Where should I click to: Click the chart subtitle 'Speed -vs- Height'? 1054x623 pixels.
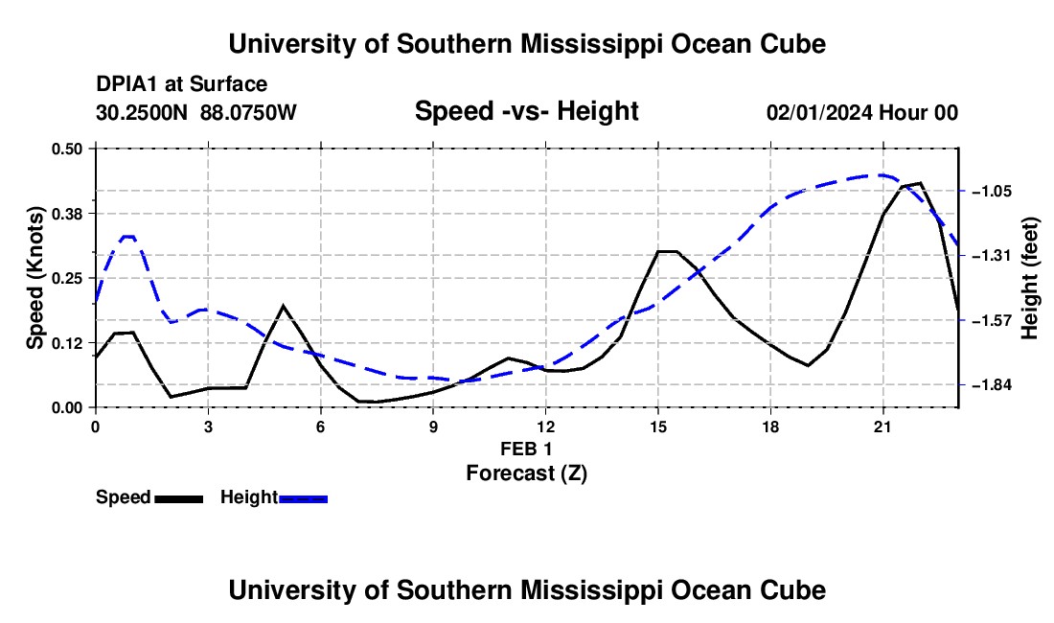pos(526,111)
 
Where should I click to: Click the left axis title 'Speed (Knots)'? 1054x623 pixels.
pos(34,278)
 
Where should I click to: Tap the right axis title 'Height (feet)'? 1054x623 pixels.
pos(1029,278)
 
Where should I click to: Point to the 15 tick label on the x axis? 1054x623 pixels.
pos(658,427)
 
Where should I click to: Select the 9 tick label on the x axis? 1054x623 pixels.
pos(433,427)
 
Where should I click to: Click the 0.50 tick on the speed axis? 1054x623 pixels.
pos(66,149)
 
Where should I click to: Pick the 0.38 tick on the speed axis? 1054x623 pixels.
pos(66,214)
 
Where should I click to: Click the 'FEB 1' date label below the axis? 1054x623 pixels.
pos(526,449)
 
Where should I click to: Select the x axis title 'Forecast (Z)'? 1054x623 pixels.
pos(526,473)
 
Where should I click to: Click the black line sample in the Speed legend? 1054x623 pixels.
pos(179,498)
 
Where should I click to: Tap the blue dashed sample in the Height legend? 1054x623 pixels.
pos(303,498)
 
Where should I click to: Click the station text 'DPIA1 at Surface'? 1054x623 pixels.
pos(181,84)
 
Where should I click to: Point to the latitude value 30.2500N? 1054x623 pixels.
pos(142,112)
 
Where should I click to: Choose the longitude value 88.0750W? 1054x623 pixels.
pos(248,112)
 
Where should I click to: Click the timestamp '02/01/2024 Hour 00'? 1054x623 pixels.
pos(862,112)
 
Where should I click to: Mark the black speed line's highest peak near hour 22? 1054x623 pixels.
pos(920,183)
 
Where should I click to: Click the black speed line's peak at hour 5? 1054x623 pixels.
pos(283,306)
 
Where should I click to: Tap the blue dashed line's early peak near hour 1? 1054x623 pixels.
pos(128,236)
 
